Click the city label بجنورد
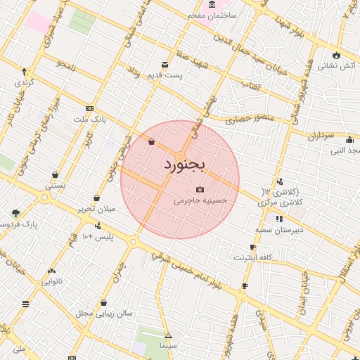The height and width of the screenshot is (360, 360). click(x=184, y=166)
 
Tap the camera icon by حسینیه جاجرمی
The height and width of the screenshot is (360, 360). click(x=200, y=189)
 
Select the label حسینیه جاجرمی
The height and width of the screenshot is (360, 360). click(x=201, y=200)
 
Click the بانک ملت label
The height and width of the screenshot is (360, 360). click(x=93, y=120)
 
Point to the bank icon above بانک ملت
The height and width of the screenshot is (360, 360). click(x=89, y=108)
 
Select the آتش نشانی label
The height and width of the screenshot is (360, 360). click(x=337, y=66)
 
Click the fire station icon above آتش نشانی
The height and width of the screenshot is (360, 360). click(x=337, y=54)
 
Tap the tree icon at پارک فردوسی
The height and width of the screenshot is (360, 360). click(x=15, y=212)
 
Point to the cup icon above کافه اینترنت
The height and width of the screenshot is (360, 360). click(x=252, y=247)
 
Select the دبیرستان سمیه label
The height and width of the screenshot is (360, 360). click(x=278, y=230)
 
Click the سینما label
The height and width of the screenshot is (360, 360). click(x=167, y=346)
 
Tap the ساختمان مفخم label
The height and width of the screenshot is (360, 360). click(x=212, y=15)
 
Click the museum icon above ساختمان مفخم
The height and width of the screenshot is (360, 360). click(x=212, y=4)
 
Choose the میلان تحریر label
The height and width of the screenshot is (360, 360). click(x=95, y=210)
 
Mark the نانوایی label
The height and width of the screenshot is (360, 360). click(x=51, y=282)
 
